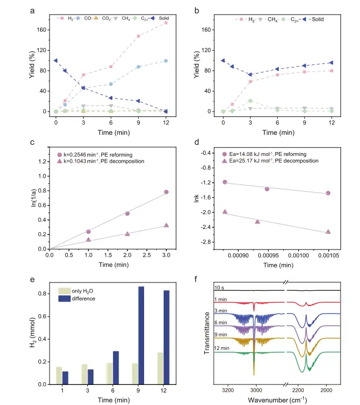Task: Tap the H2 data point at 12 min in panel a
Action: click(x=166, y=23)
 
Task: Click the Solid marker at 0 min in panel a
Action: click(x=56, y=60)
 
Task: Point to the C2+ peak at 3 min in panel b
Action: click(x=250, y=101)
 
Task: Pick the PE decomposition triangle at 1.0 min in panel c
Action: click(x=88, y=240)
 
